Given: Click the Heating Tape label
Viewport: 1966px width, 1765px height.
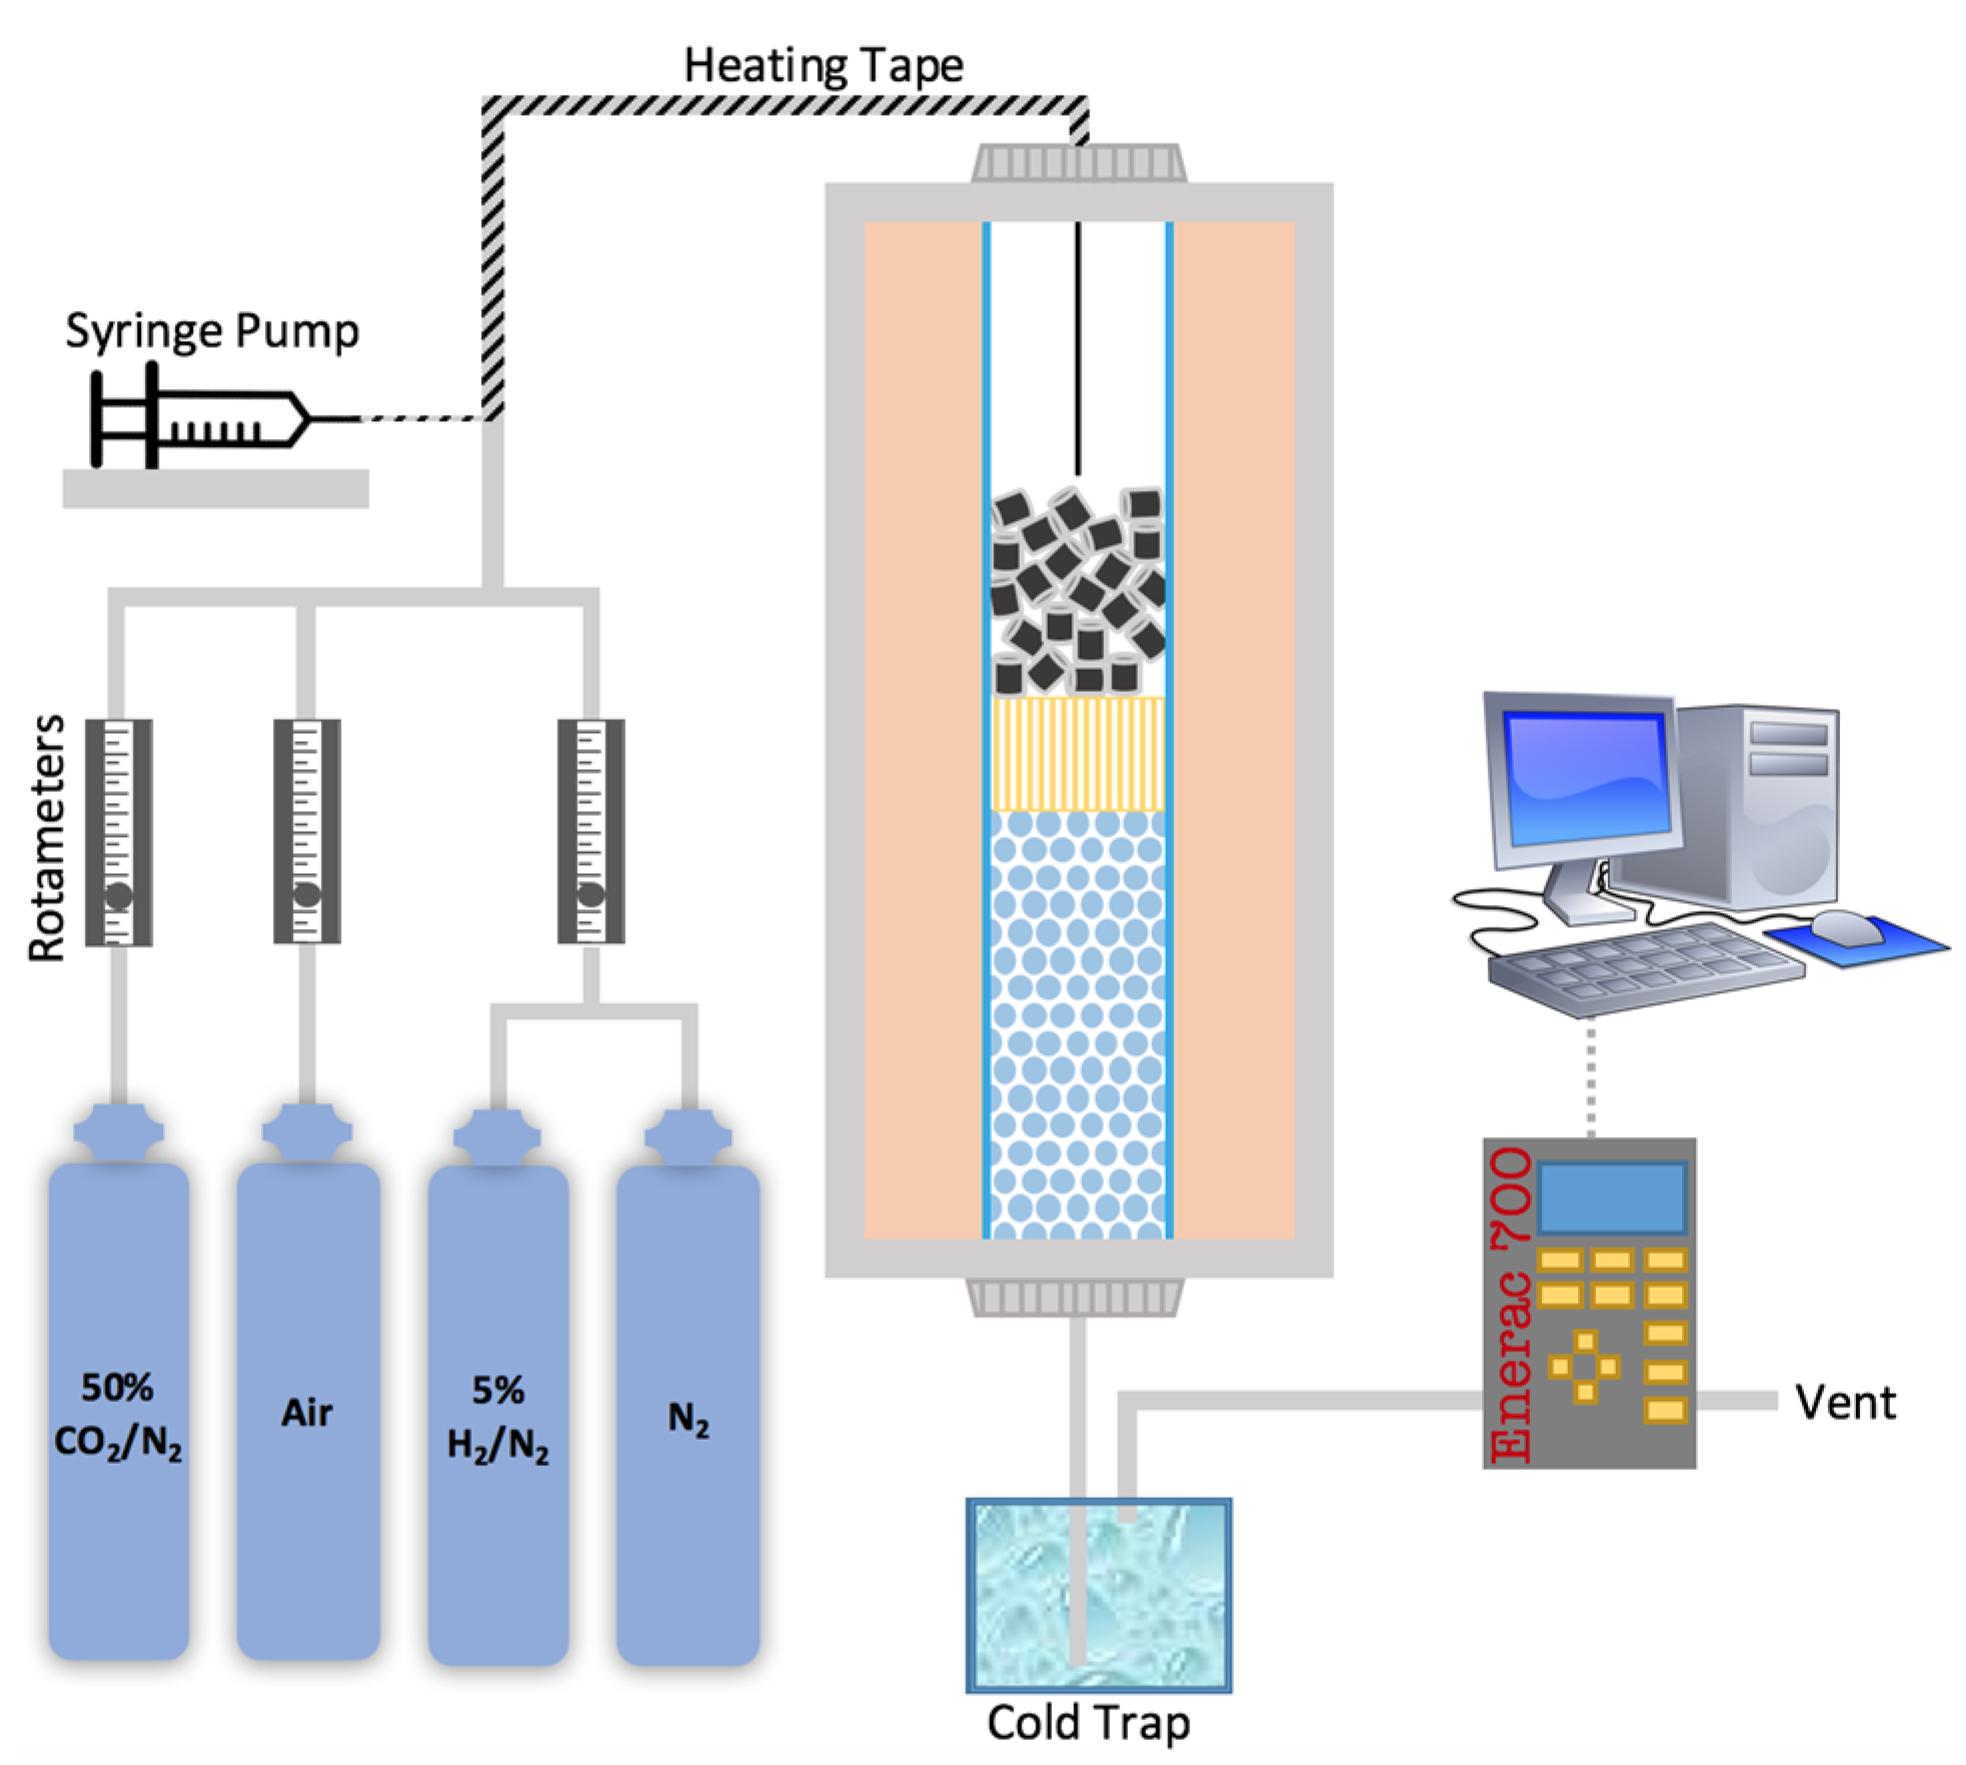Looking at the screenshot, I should click(x=822, y=66).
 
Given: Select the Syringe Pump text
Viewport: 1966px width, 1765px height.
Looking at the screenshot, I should click(x=211, y=331).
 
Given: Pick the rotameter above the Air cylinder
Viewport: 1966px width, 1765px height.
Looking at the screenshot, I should click(x=306, y=830).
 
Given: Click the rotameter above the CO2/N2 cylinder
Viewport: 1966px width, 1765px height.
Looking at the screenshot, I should click(x=118, y=831).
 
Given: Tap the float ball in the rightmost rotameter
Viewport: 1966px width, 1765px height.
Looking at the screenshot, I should click(x=590, y=893).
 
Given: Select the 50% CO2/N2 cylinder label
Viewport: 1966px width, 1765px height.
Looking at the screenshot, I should click(x=118, y=1414).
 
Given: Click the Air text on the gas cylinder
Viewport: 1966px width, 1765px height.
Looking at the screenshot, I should click(x=306, y=1412).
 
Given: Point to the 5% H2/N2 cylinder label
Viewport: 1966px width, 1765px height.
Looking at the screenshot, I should click(x=497, y=1417).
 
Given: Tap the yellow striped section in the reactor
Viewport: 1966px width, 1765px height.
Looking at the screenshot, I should click(x=1077, y=753).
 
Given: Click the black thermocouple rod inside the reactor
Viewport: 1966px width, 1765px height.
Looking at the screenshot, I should click(x=1077, y=350).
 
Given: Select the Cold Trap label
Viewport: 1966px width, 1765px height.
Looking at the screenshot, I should click(x=1087, y=1722).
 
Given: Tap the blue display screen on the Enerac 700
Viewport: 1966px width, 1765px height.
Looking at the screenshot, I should click(x=1610, y=1196).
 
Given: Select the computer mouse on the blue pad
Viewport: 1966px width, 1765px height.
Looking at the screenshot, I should click(x=1846, y=925).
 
